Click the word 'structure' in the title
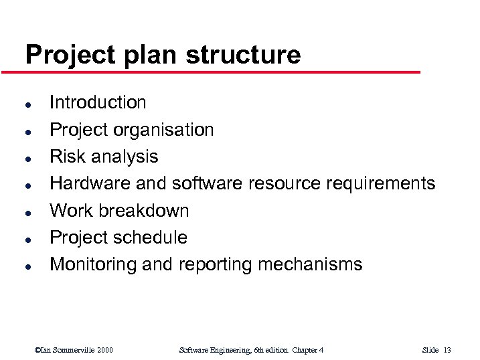[243, 54]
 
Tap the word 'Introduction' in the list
[98, 102]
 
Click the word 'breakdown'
[145, 211]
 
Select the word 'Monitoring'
[93, 265]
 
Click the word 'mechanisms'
[310, 265]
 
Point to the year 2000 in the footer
[104, 350]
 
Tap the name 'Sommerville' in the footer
[74, 350]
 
